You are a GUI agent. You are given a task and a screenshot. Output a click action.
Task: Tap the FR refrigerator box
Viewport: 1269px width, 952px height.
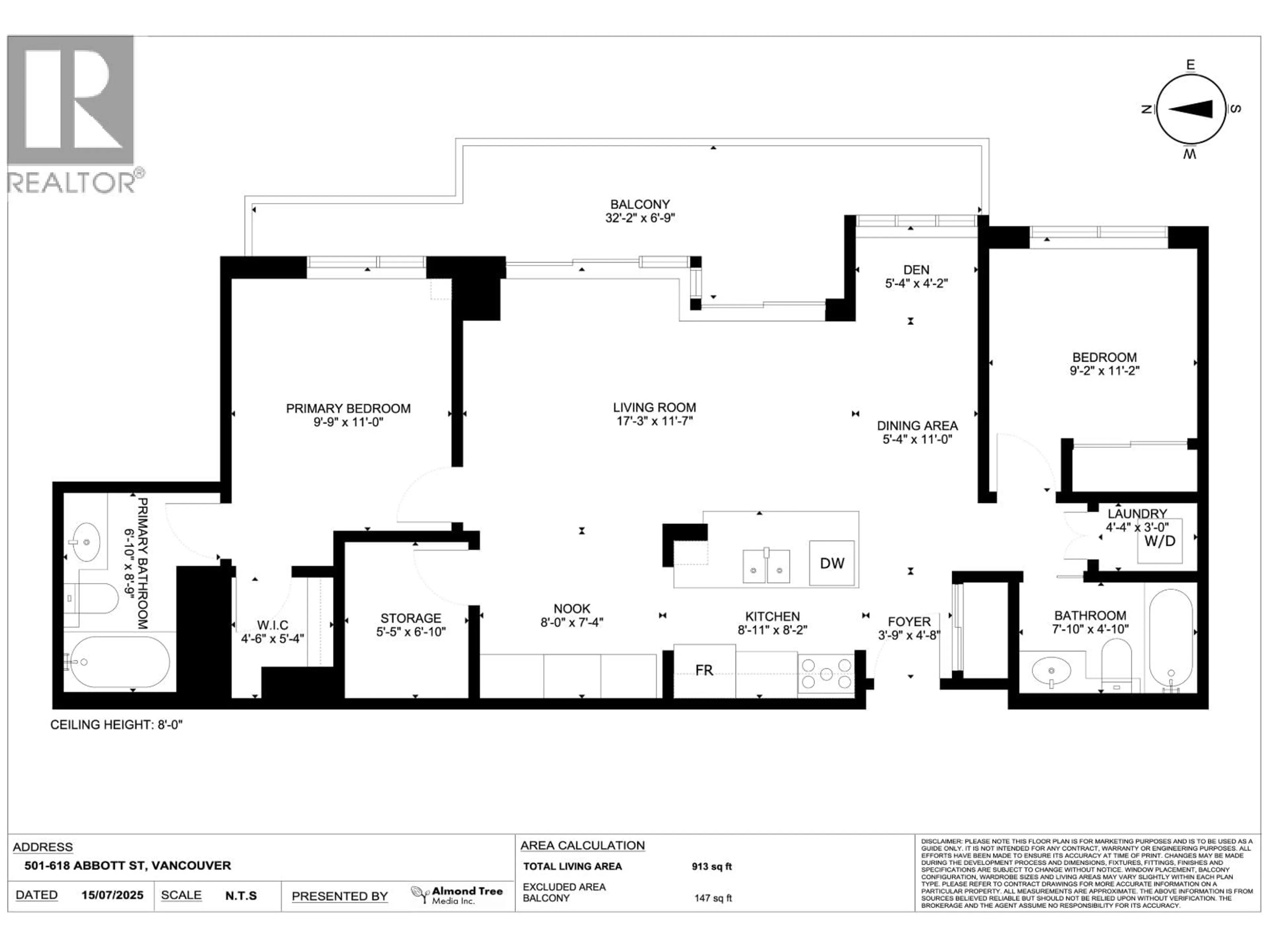(x=704, y=670)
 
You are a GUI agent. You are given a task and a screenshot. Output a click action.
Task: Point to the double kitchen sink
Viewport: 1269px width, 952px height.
(x=766, y=566)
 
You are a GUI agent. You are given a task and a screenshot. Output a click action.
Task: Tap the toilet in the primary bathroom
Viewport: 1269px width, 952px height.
(x=92, y=599)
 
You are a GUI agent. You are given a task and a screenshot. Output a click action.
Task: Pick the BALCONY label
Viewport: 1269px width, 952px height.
(x=640, y=204)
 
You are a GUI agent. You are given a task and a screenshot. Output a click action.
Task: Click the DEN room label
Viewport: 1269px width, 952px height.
(x=916, y=270)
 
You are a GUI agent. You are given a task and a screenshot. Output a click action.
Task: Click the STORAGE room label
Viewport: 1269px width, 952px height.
(x=411, y=618)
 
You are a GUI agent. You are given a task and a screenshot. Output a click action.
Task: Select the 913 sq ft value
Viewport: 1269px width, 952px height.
(x=711, y=866)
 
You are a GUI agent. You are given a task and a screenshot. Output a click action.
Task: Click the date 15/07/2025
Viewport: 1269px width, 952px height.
(x=112, y=895)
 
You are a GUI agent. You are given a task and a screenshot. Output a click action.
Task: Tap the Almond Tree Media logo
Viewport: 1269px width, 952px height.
(x=457, y=895)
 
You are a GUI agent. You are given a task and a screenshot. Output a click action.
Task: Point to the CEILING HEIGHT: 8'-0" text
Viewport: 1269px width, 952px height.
(x=116, y=725)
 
